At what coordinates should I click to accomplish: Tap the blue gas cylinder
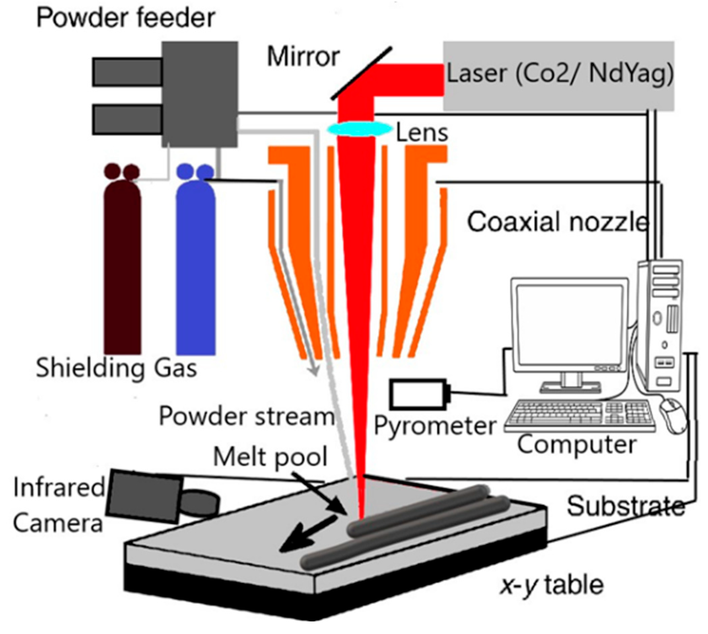tap(196, 265)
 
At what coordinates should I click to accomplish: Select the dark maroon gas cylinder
tap(122, 265)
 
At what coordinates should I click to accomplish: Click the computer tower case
tap(660, 324)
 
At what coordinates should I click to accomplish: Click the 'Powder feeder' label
tap(126, 18)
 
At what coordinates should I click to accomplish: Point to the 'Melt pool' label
tap(270, 457)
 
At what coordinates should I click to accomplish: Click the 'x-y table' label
tap(552, 585)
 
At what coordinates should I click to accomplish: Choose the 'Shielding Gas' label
tap(116, 368)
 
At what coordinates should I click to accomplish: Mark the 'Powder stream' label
tap(246, 416)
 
